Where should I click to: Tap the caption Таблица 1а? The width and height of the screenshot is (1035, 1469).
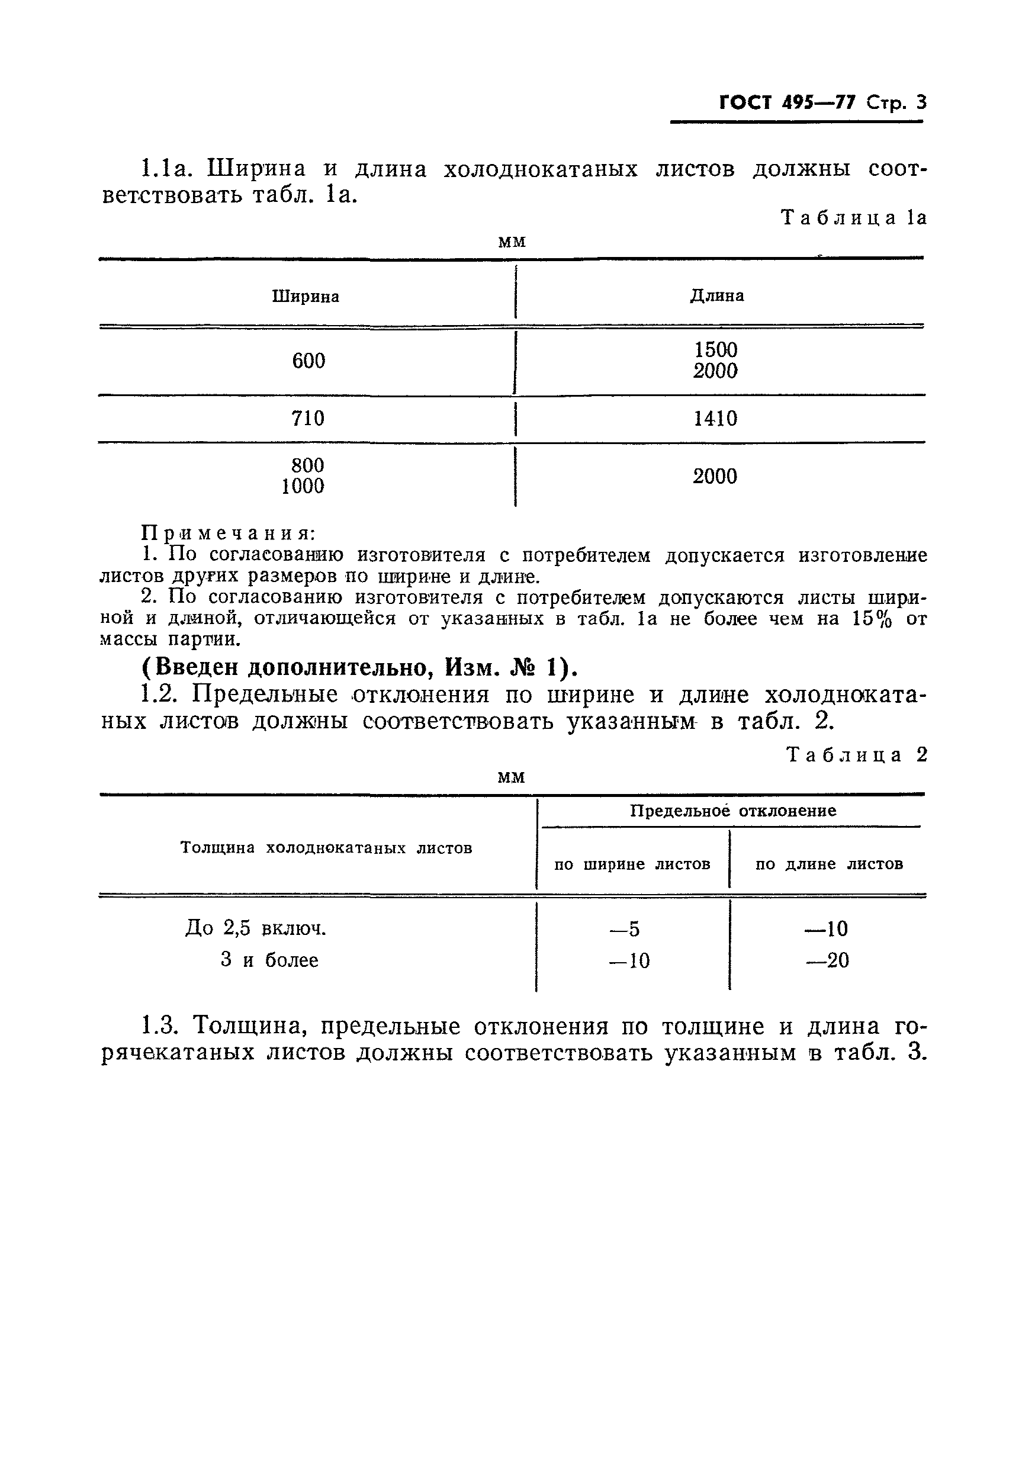pyautogui.click(x=853, y=218)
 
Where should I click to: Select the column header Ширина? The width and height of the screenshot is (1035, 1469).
pyautogui.click(x=305, y=296)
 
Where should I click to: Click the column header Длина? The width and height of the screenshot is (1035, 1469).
pyautogui.click(x=716, y=295)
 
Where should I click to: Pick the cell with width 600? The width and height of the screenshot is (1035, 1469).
pyautogui.click(x=308, y=361)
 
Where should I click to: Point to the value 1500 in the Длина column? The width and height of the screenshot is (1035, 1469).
pyautogui.click(x=715, y=349)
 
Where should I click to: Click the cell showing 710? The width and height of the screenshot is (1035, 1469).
pyautogui.click(x=308, y=419)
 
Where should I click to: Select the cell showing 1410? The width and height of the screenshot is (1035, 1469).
pyautogui.click(x=715, y=419)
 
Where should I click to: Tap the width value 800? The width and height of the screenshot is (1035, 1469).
pyautogui.click(x=308, y=464)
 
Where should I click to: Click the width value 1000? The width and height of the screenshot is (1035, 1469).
pyautogui.click(x=303, y=486)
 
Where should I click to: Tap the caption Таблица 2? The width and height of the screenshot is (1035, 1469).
pyautogui.click(x=856, y=755)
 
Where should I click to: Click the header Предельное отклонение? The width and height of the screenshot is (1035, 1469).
pyautogui.click(x=732, y=811)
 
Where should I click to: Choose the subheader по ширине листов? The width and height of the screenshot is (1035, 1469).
pyautogui.click(x=631, y=864)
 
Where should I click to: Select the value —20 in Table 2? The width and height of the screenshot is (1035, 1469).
pyautogui.click(x=827, y=960)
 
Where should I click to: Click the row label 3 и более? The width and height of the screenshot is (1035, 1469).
pyautogui.click(x=269, y=960)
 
